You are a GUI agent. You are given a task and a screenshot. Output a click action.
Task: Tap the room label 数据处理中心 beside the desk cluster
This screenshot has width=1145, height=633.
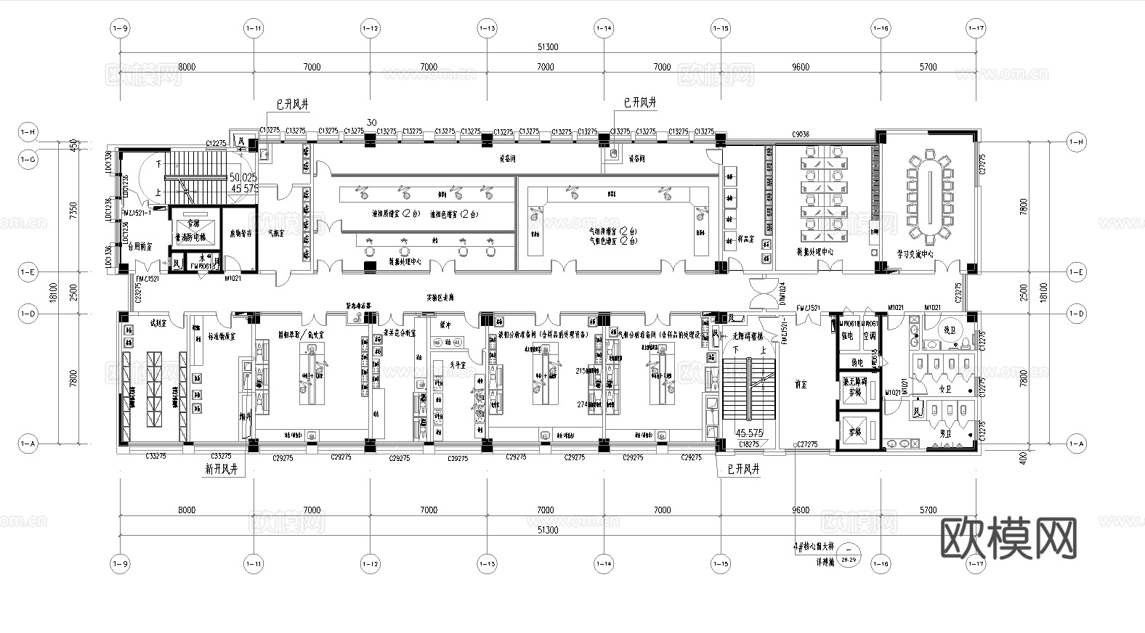pyautogui.click(x=814, y=252)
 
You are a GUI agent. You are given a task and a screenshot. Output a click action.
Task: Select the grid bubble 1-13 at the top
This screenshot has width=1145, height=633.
pyautogui.click(x=487, y=28)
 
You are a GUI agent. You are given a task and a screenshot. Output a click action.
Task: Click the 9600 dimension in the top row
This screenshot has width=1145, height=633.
pyautogui.click(x=800, y=67)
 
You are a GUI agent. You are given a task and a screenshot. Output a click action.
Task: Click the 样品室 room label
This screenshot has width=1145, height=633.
pyautogui.click(x=745, y=238)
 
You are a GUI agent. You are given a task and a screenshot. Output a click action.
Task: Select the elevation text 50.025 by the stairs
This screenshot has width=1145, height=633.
pyautogui.click(x=243, y=177)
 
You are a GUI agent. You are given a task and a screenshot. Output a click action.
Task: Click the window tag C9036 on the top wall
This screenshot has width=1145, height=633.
pyautogui.click(x=800, y=134)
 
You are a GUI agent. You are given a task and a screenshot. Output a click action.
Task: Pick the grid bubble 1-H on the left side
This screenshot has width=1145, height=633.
pyautogui.click(x=28, y=132)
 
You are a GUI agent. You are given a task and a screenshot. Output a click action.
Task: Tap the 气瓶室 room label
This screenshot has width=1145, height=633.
pyautogui.click(x=276, y=234)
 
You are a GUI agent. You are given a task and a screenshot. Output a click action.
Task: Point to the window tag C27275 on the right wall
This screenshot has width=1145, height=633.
pyautogui.click(x=982, y=166)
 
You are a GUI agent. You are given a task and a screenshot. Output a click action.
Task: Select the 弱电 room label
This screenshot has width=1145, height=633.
pyautogui.click(x=857, y=362)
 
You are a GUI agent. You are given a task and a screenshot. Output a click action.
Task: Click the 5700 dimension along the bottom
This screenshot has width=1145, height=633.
pyautogui.click(x=928, y=510)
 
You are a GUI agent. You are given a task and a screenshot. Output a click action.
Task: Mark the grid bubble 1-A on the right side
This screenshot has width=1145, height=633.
pyautogui.click(x=1076, y=444)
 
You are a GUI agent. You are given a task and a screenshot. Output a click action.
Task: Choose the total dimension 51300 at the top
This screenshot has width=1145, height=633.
pyautogui.click(x=547, y=47)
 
